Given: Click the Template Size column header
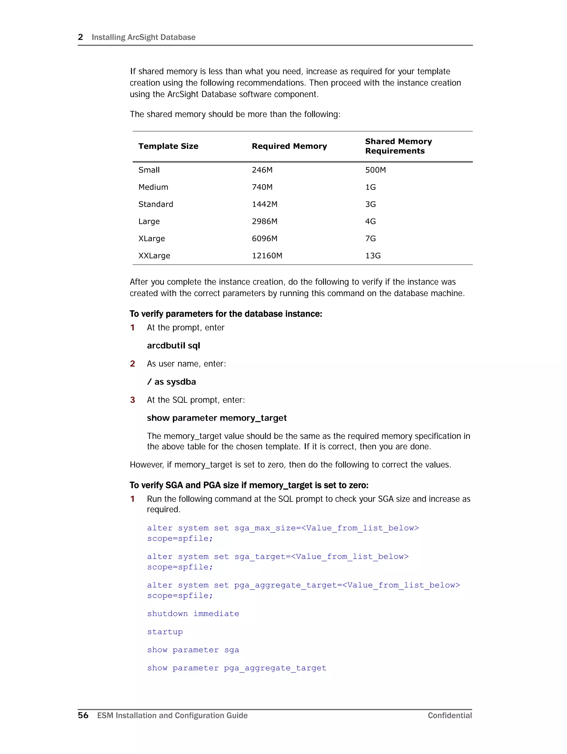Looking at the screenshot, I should coord(168,146).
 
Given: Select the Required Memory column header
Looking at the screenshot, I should coord(289,146).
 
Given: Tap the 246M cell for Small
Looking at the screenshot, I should coord(262,170).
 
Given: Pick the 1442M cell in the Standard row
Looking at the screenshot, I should coord(264,204).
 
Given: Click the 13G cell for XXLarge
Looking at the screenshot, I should coord(373,256).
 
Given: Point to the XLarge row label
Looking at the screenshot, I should coord(151,239).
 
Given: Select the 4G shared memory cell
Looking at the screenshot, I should coord(370,222).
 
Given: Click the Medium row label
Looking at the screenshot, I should coord(153,187).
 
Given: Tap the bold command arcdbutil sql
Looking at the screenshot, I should coord(173,346).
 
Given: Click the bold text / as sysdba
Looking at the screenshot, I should coord(171,382).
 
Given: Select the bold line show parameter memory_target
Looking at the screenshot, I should coord(217,418).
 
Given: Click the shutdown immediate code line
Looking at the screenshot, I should coord(193,613).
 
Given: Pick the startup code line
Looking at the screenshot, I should coord(165,632).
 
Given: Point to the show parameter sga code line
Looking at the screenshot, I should coord(193,650).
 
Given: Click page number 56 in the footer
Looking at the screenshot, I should coord(83,715).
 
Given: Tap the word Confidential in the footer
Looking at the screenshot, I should coord(450,716).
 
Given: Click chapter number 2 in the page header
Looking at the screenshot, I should coord(81,37).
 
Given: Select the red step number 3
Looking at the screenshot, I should coord(132,400).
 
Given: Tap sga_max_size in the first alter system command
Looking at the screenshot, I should coord(265,528).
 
